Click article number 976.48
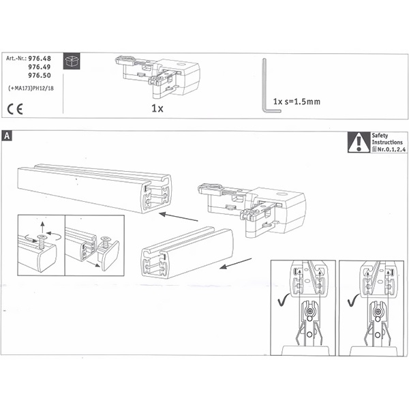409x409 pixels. coord(40,59)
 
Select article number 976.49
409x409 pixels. coord(40,67)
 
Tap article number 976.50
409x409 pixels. coord(40,76)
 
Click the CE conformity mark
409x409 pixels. coord(15,109)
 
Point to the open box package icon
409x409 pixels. coord(72,61)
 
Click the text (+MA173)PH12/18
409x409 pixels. coord(31,89)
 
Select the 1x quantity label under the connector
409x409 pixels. coord(157,108)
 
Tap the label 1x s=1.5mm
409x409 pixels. coord(297,102)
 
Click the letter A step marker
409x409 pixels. coord(7,136)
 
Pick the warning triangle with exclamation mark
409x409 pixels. coord(359,142)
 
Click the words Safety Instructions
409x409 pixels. coord(387,139)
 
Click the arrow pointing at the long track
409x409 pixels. coord(179,217)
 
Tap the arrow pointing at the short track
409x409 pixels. coord(236,263)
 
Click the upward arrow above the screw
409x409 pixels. coord(42,227)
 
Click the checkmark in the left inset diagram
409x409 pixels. coord(284,300)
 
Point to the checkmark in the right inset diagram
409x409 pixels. coord(353,300)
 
